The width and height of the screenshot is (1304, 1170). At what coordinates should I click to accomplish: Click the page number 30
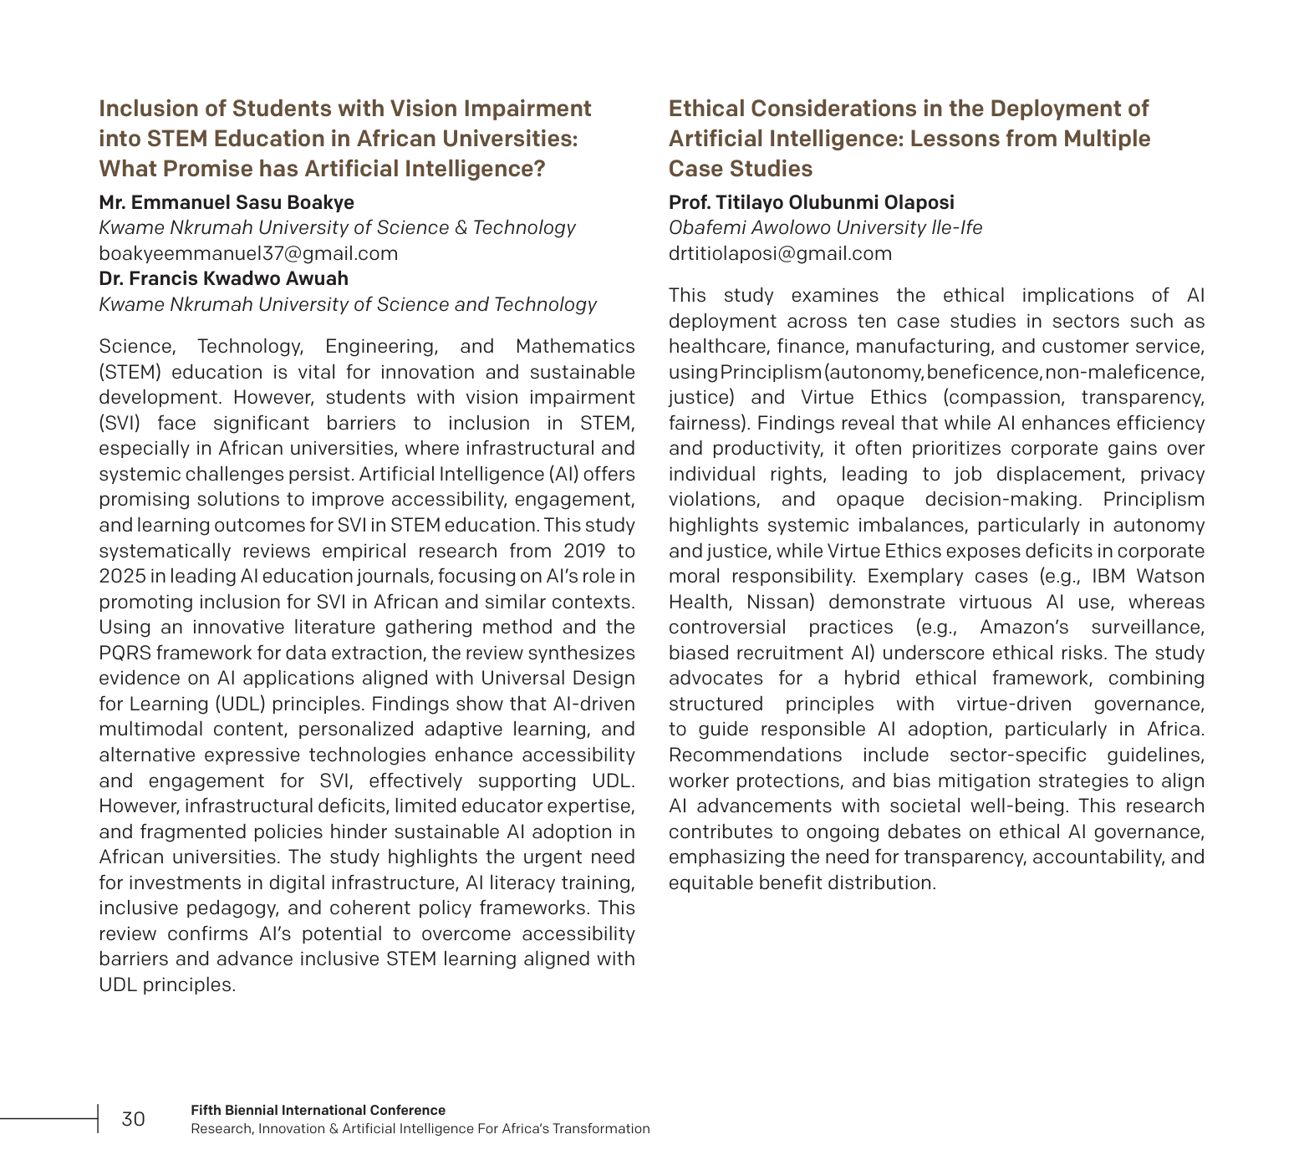tap(133, 1119)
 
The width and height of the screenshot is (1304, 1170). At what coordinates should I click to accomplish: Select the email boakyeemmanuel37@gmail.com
tap(248, 253)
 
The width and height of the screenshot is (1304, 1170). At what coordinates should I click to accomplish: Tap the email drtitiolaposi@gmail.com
tap(780, 253)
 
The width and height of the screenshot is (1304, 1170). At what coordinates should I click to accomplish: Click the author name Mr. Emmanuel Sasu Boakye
tap(227, 202)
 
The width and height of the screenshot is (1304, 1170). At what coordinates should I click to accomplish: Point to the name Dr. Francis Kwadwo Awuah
tap(223, 278)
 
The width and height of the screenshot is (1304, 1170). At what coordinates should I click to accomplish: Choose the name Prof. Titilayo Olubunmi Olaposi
tap(811, 202)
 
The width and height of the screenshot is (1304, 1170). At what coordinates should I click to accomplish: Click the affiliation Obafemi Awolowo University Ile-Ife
tap(825, 227)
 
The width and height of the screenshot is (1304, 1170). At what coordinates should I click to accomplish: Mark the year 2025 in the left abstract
tap(122, 576)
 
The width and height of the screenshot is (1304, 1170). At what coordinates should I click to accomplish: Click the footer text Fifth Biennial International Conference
tap(318, 1110)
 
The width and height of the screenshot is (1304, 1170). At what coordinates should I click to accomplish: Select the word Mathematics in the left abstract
tap(575, 346)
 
